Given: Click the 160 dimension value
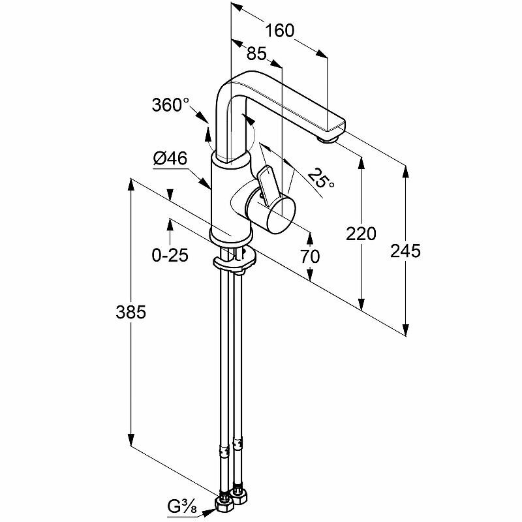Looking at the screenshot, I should pyautogui.click(x=280, y=30).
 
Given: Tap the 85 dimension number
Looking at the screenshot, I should pyautogui.click(x=256, y=54).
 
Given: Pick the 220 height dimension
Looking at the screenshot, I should pyautogui.click(x=362, y=233).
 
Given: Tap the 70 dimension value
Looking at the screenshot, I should pyautogui.click(x=310, y=256).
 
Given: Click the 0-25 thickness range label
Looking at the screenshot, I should pyautogui.click(x=170, y=255).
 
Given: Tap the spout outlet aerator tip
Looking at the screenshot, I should pyautogui.click(x=328, y=136).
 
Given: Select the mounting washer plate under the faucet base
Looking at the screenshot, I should pyautogui.click(x=235, y=262).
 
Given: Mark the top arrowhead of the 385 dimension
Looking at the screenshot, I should pyautogui.click(x=131, y=186).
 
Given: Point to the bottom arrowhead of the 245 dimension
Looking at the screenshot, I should pyautogui.click(x=407, y=330).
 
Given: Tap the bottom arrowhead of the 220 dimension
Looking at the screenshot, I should pyautogui.click(x=361, y=303).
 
